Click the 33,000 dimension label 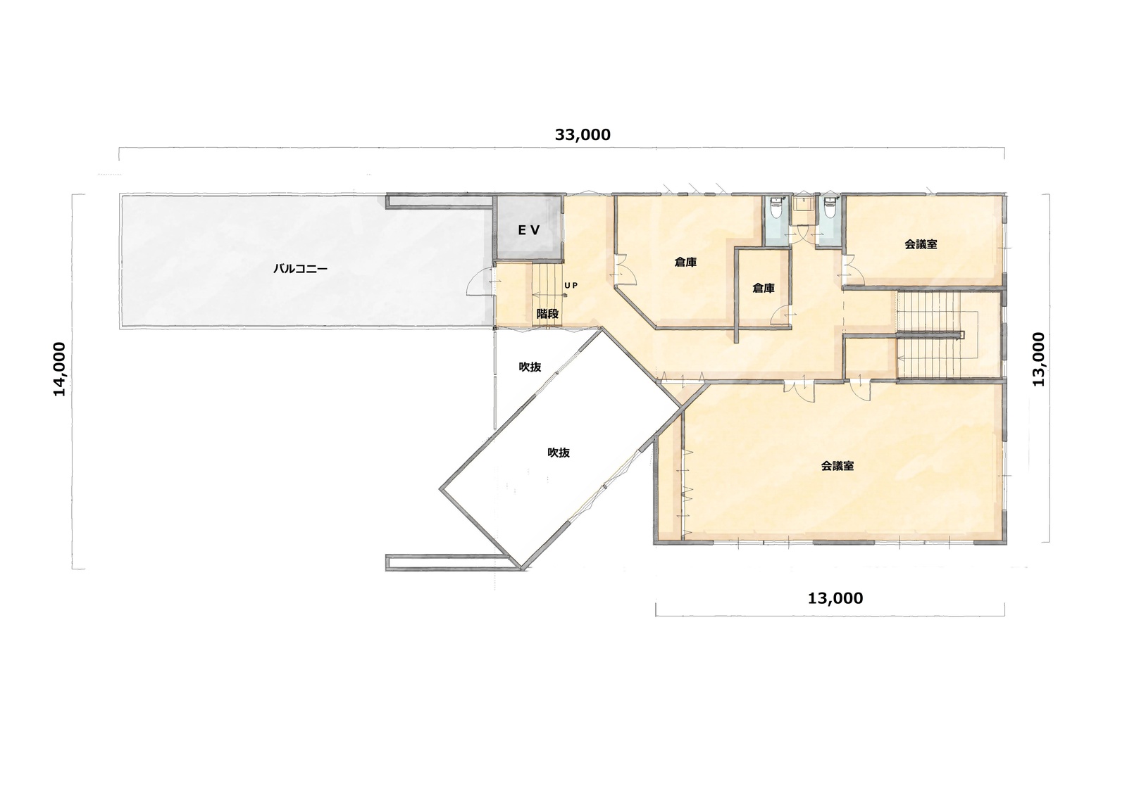tap(583, 134)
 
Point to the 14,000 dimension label tap(59, 369)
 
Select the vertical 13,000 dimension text tap(1038, 359)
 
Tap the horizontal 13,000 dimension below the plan tap(835, 598)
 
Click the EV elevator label tap(529, 230)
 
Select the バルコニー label tap(300, 269)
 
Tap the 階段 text tap(547, 315)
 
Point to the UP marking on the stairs tap(571, 286)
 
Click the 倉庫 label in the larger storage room tap(686, 262)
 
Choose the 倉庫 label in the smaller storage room tap(764, 288)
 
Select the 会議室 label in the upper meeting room tap(921, 244)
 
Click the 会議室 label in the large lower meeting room tap(838, 466)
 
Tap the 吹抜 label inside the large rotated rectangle tap(559, 453)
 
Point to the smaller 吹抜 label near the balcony tap(530, 367)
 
